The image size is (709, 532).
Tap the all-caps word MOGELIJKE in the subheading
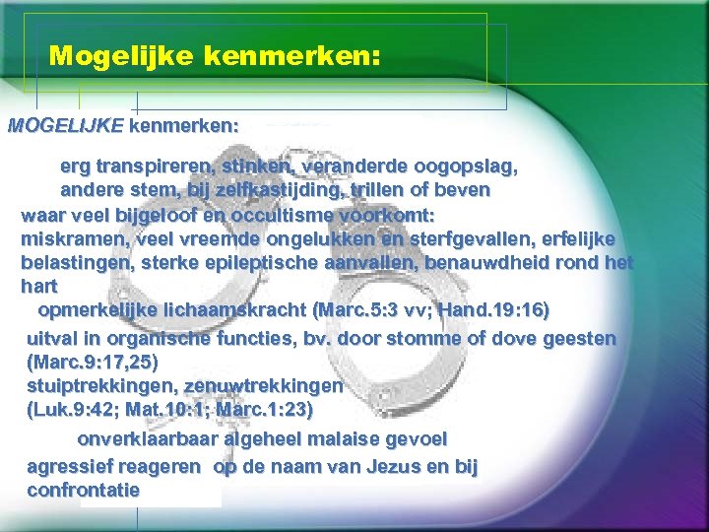pos(66,126)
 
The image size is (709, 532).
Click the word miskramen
pos(64,238)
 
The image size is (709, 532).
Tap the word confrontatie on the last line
pos(84,490)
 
